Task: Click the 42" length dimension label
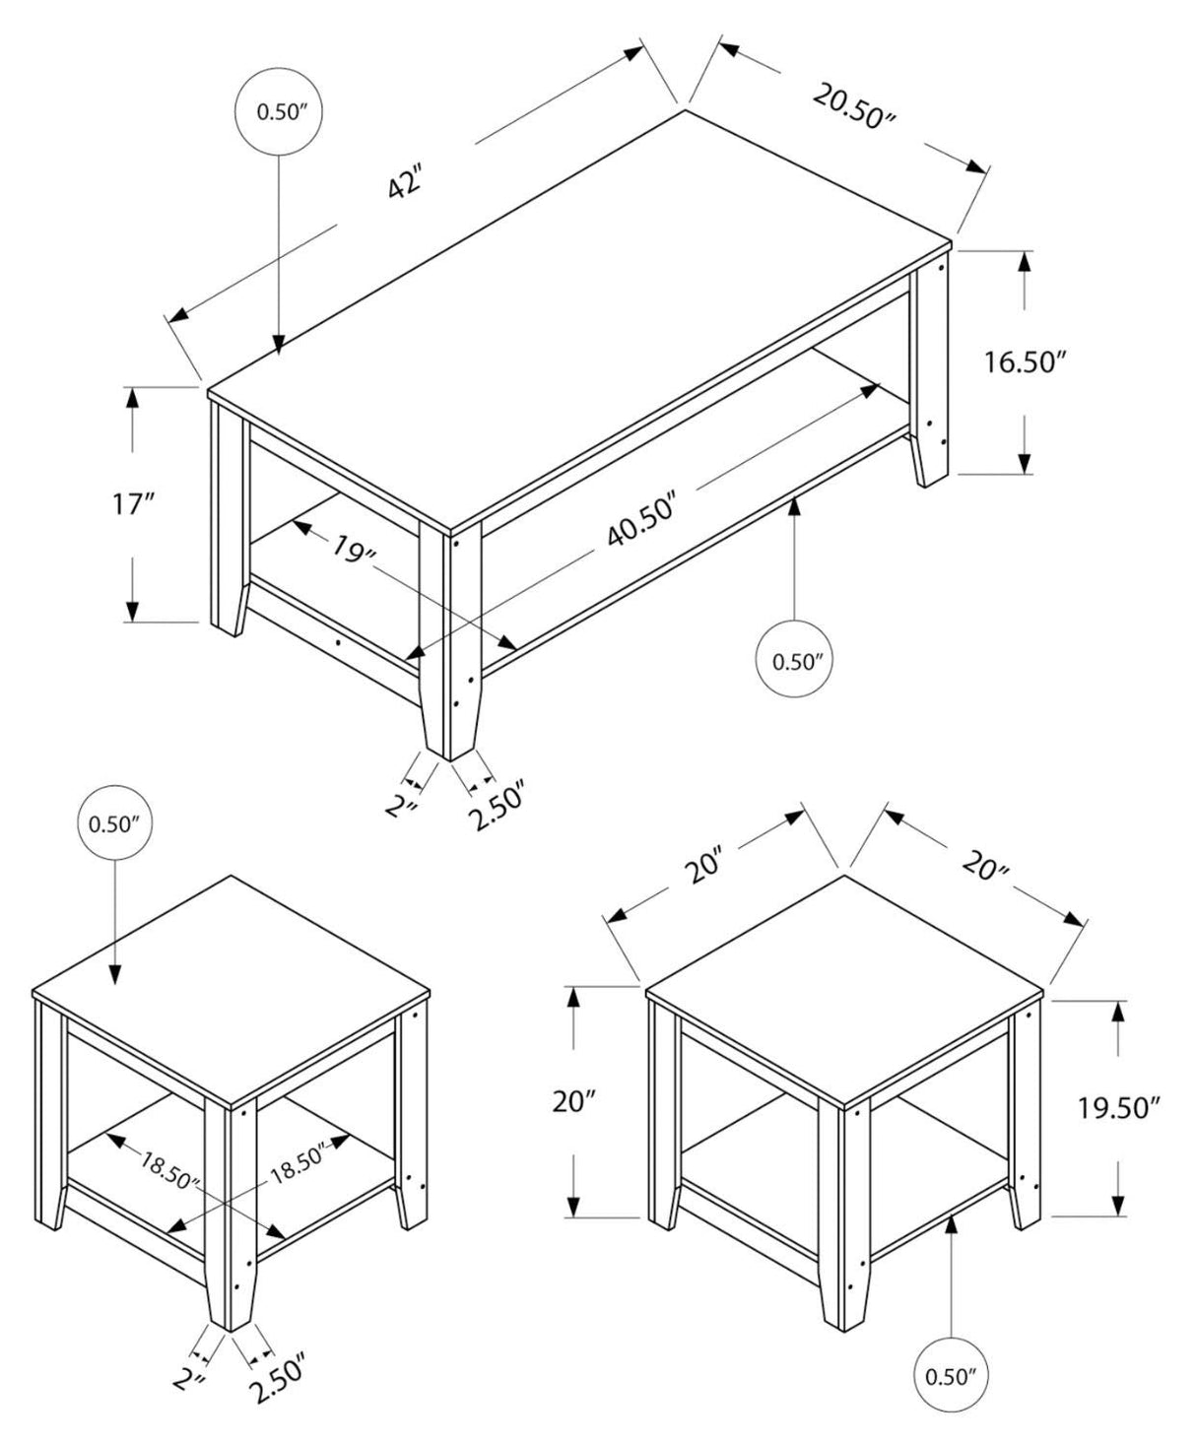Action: pyautogui.click(x=405, y=184)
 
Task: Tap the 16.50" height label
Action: pyautogui.click(x=1026, y=362)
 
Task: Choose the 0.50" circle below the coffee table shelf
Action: pyautogui.click(x=796, y=661)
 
